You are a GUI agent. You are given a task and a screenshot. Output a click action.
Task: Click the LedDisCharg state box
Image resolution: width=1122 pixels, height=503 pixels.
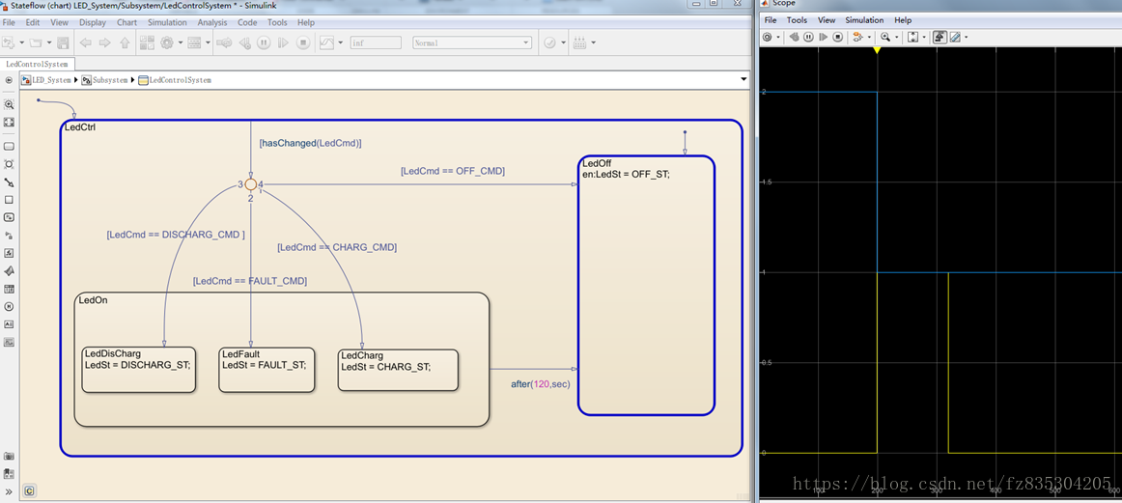click(x=138, y=370)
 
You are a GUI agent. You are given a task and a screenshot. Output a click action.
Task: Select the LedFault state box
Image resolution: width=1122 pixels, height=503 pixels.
click(x=266, y=370)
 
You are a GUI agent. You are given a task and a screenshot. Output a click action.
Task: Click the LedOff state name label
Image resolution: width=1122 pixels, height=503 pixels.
click(x=597, y=163)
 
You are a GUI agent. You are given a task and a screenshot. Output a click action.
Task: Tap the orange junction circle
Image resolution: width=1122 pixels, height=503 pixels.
click(x=250, y=184)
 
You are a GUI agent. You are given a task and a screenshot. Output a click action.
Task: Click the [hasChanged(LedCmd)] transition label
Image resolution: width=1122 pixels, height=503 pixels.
click(x=310, y=143)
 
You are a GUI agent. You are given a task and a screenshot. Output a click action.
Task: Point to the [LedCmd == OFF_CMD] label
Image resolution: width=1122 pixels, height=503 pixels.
click(x=452, y=171)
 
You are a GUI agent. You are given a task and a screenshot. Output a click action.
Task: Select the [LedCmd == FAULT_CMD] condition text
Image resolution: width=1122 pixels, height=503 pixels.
click(x=249, y=281)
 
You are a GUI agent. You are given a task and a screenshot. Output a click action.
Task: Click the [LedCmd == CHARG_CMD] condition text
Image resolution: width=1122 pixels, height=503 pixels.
click(x=337, y=247)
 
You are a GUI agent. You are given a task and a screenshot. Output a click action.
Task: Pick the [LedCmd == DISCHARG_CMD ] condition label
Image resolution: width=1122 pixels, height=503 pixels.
click(x=175, y=235)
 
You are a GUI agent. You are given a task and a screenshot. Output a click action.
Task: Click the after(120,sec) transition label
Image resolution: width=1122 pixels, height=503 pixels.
click(x=540, y=384)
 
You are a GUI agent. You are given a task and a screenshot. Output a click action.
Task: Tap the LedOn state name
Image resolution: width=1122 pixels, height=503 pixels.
click(x=93, y=300)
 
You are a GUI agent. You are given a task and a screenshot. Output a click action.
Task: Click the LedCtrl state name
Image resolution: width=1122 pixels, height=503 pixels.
click(x=79, y=127)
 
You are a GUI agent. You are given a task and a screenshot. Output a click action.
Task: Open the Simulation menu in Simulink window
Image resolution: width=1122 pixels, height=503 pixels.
click(x=167, y=22)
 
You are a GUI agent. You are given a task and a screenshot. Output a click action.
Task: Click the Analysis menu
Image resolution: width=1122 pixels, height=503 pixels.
click(x=211, y=22)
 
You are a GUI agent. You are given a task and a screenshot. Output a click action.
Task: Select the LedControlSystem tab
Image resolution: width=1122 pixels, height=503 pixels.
click(x=37, y=64)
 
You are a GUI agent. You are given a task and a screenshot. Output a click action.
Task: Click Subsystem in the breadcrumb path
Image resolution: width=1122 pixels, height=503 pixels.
click(x=109, y=80)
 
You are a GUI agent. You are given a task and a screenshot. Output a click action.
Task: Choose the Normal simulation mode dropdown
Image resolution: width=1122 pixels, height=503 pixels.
click(x=471, y=42)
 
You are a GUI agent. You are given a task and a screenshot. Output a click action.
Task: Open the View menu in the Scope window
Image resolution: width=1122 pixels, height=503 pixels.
click(x=827, y=20)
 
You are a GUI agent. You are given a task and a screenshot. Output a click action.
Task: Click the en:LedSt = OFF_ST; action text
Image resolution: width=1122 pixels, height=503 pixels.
click(x=626, y=175)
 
